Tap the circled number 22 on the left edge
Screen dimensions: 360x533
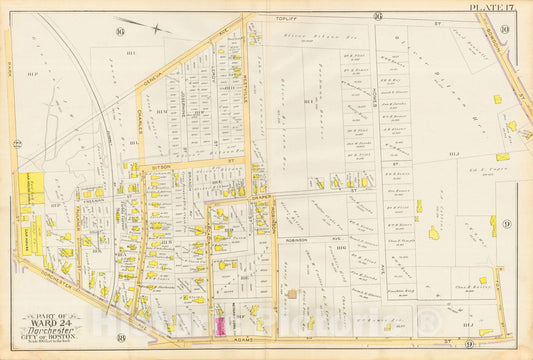pyautogui.click(x=17, y=144)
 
